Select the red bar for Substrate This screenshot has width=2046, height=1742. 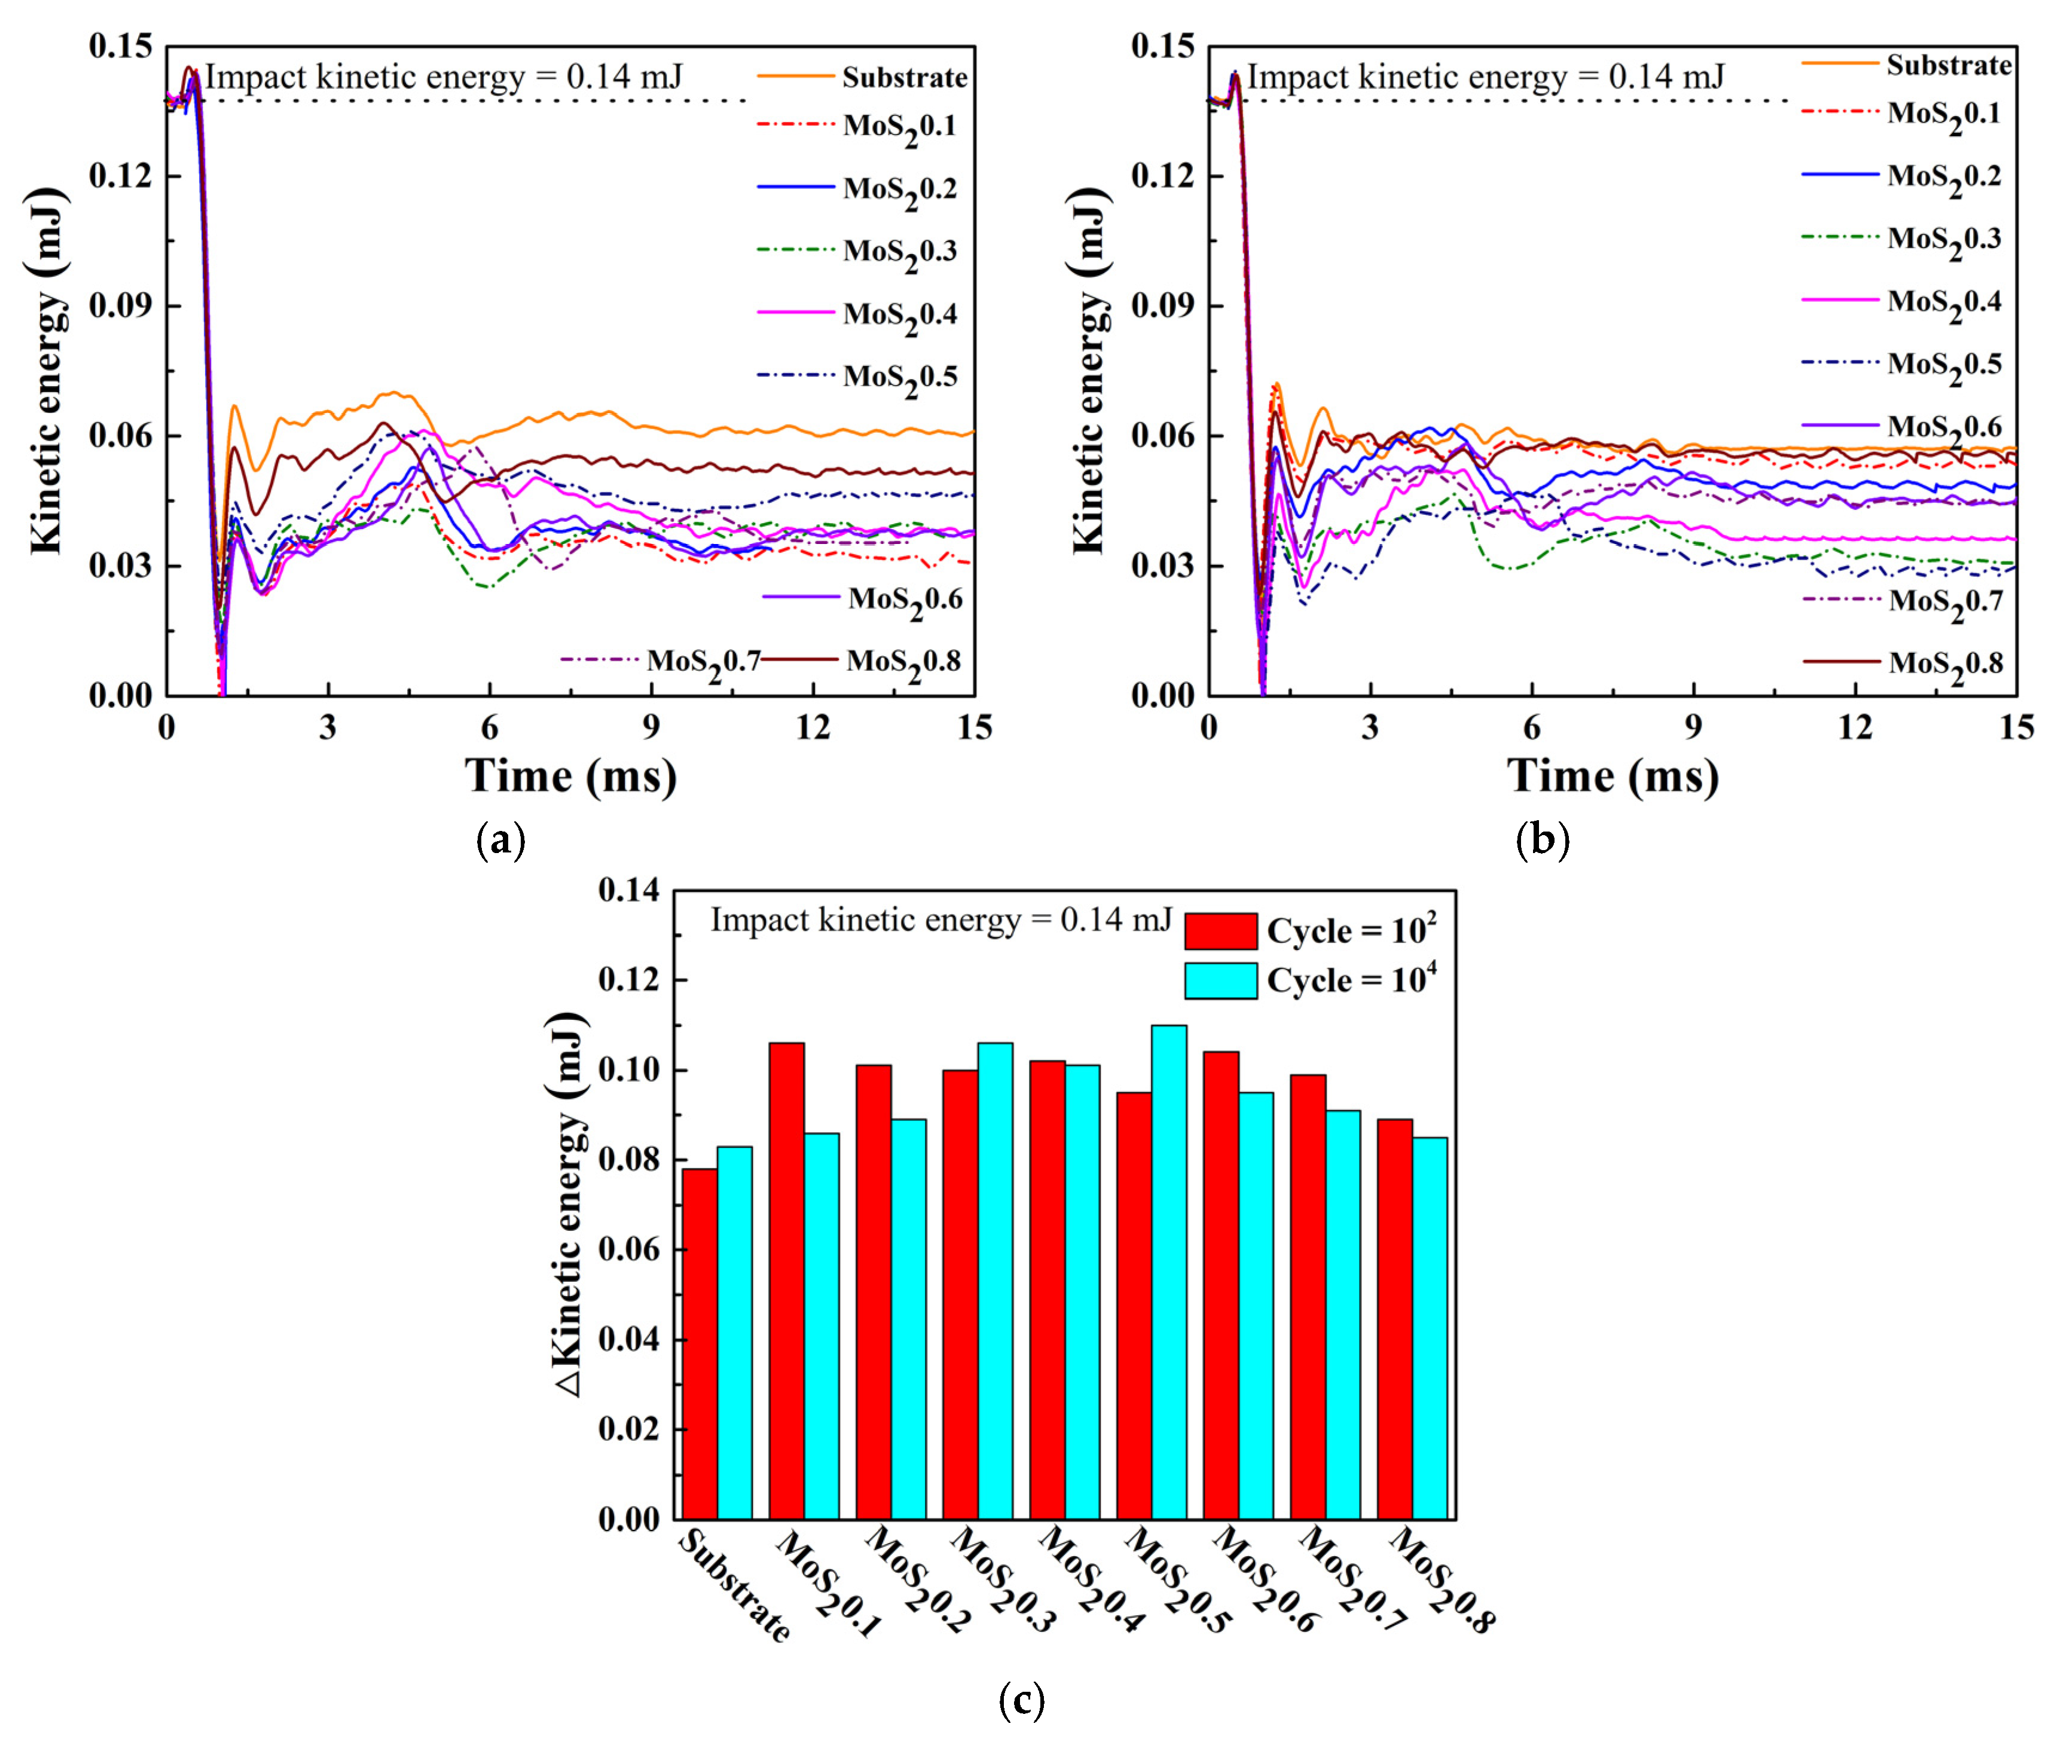pos(699,1343)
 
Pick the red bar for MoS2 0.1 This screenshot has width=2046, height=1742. pos(786,1281)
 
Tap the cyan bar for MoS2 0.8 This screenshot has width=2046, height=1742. pos(1430,1328)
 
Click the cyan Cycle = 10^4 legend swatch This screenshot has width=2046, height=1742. pos(1220,980)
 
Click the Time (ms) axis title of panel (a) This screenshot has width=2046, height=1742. pos(571,776)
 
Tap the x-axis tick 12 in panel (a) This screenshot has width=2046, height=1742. pos(813,728)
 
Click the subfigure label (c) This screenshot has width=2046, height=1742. pos(1021,1701)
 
